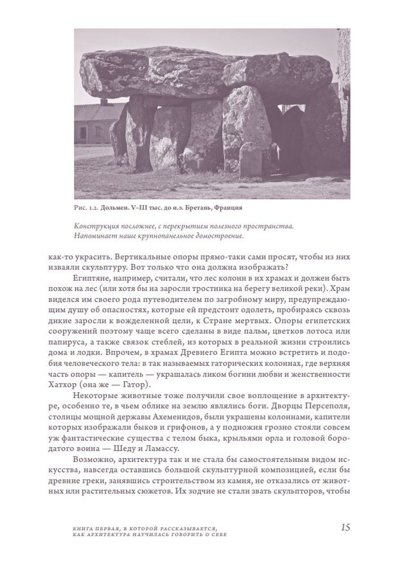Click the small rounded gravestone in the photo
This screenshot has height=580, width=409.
coord(251,159)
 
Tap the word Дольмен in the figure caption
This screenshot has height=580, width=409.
coord(114,208)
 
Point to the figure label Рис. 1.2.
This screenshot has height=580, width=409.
coord(85,208)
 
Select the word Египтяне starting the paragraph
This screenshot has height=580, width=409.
coord(90,277)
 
